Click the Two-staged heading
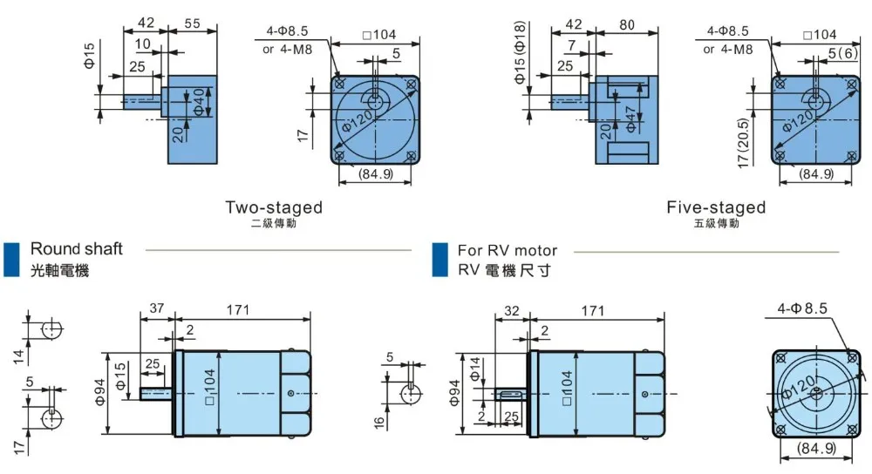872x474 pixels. coord(274,207)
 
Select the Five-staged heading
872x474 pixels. coord(716,207)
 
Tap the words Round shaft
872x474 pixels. coord(76,248)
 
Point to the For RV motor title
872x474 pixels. coord(508,251)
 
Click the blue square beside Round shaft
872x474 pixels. coord(11,259)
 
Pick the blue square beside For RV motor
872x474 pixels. coord(439,260)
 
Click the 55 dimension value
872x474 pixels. coord(192,24)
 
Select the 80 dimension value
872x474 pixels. coord(627,24)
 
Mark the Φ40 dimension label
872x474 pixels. coord(199,102)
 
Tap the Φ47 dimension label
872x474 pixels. coord(630,118)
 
